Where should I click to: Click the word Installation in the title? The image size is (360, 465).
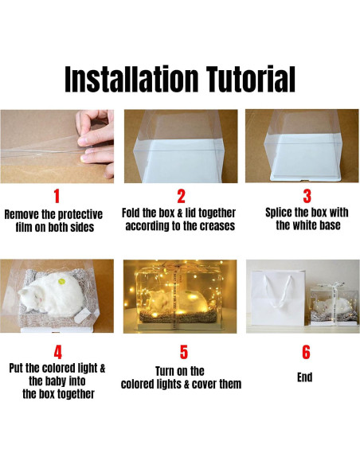point(131,79)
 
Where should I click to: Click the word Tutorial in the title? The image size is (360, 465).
point(251,79)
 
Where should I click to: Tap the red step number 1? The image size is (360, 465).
point(57,197)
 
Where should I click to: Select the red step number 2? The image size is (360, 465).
point(181,197)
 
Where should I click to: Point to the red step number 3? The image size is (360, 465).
point(307,197)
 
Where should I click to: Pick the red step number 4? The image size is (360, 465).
point(58,352)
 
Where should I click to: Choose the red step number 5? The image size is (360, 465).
point(184,352)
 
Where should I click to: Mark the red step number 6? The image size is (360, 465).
point(306,352)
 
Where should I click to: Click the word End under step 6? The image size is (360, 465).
point(305,377)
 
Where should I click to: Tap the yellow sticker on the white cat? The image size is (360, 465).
point(61,281)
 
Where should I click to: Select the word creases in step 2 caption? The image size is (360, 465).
point(217,226)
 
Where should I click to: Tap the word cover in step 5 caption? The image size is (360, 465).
point(205,385)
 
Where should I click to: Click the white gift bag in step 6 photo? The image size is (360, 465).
point(277,301)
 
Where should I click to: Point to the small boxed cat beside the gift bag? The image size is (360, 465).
point(333,306)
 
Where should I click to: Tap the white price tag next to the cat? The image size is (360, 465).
point(82,316)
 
